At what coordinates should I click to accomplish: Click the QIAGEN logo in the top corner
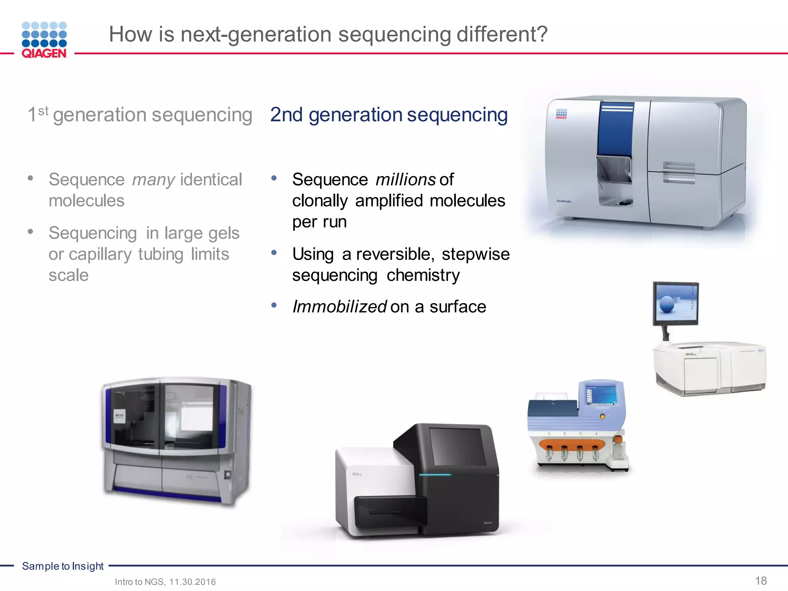click(44, 40)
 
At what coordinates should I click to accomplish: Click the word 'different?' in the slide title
click(502, 34)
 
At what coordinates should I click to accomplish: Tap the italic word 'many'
click(154, 180)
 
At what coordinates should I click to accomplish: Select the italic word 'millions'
click(406, 180)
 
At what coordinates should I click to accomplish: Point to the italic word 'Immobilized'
click(339, 307)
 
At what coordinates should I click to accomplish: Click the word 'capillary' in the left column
click(100, 254)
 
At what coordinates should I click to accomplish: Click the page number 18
click(761, 581)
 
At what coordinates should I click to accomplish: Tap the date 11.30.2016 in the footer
click(193, 582)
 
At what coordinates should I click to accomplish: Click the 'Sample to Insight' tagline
click(63, 566)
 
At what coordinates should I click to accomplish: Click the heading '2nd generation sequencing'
click(389, 115)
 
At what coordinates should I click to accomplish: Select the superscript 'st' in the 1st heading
click(43, 111)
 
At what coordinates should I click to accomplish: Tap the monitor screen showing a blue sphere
click(676, 303)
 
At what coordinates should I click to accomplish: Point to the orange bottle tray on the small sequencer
click(572, 444)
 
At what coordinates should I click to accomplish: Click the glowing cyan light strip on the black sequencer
click(435, 475)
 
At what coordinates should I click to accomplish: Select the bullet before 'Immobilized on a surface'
click(274, 306)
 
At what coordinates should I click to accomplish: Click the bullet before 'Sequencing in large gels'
click(30, 231)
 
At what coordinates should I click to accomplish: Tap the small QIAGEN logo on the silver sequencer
click(561, 114)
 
